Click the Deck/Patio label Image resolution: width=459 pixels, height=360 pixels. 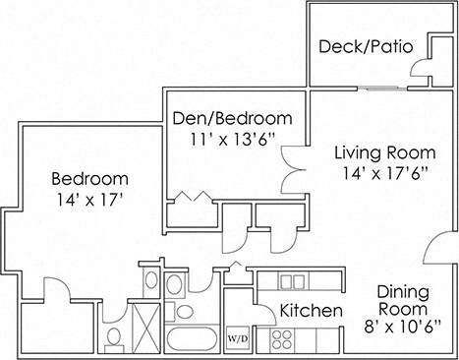tap(364, 46)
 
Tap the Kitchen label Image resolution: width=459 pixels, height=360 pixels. tap(312, 312)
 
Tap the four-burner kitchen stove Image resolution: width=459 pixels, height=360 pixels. tap(282, 339)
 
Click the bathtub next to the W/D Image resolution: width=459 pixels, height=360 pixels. tap(194, 340)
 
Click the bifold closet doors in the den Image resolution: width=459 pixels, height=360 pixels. tap(193, 197)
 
